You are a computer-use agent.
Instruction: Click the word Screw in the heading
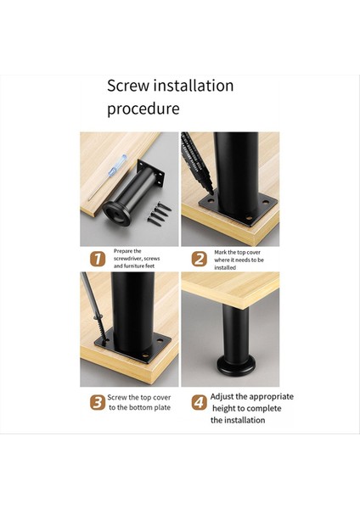[128, 86]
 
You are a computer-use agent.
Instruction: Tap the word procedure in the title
[143, 109]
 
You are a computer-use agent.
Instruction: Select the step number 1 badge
[98, 259]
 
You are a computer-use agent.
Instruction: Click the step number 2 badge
[200, 260]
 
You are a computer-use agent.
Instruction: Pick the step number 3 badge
[98, 402]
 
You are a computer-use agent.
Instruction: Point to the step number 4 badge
[200, 402]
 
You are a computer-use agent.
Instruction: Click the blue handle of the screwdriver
[117, 165]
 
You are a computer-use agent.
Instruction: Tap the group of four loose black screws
[159, 214]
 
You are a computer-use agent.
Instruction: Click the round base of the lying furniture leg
[116, 213]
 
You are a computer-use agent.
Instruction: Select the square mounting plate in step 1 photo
[150, 173]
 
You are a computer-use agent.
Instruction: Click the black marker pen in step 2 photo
[197, 163]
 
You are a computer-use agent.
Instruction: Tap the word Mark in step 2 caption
[220, 252]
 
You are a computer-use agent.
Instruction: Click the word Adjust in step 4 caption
[222, 397]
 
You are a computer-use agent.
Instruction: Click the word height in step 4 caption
[223, 408]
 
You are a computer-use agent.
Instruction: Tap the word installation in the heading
[194, 86]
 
